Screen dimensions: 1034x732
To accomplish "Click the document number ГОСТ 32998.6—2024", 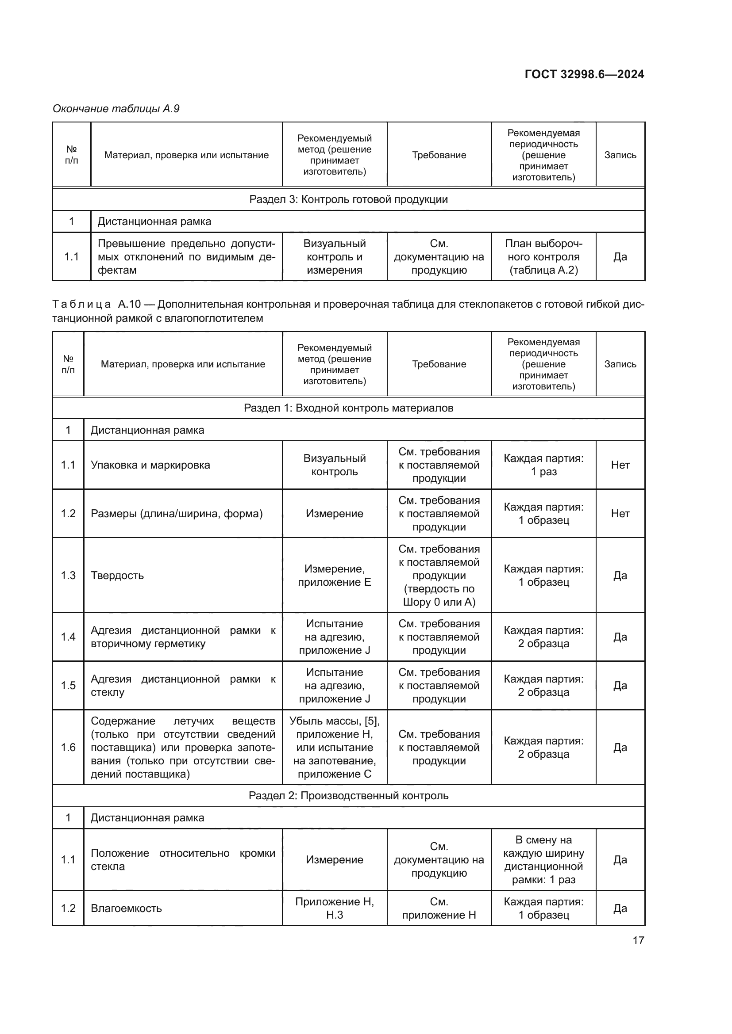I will click(x=584, y=74).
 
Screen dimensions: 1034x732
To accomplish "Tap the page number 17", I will click(x=638, y=940).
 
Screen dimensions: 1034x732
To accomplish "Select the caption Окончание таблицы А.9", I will click(x=116, y=109).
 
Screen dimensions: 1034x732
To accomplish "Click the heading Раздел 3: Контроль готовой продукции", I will click(x=348, y=199).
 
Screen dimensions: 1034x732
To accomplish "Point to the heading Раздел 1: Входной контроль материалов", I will click(x=348, y=408).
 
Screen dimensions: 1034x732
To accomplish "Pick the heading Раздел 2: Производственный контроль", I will click(x=348, y=796).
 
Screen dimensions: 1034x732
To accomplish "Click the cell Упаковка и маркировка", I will click(x=150, y=465).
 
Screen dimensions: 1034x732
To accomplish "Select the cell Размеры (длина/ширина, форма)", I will click(x=177, y=513).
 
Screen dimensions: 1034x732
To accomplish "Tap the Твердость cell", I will click(x=117, y=575).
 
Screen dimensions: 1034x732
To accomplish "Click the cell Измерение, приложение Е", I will click(x=335, y=575).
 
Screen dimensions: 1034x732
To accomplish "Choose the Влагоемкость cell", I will click(x=126, y=908).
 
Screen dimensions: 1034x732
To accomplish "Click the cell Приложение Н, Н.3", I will click(x=335, y=908).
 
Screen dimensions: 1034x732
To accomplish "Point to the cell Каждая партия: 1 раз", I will click(x=543, y=465).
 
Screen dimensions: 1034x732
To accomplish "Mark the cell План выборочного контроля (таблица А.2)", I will click(x=543, y=257).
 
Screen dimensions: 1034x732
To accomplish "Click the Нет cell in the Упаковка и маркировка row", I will click(x=620, y=465).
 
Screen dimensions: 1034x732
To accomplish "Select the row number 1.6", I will click(x=68, y=748).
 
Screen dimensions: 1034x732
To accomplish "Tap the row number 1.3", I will click(x=68, y=575).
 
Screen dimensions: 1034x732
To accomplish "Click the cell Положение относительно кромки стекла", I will click(x=182, y=860).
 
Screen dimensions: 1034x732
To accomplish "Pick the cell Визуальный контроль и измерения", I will click(x=335, y=257).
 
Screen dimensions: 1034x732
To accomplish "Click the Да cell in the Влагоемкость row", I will click(x=620, y=908).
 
